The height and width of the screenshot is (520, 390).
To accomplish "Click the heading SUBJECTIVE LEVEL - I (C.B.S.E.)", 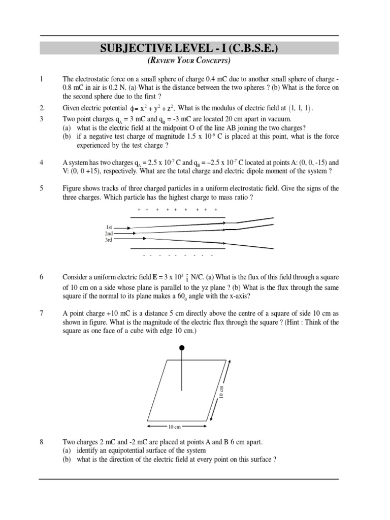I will (x=189, y=48).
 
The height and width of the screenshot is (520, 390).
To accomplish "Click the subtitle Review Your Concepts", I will (x=189, y=61).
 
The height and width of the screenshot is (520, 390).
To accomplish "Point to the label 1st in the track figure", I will (x=109, y=226).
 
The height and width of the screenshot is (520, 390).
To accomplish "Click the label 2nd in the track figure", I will (x=108, y=233).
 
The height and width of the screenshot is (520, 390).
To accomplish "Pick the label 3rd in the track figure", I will (x=109, y=240).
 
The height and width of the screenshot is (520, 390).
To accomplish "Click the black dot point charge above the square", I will (x=182, y=348).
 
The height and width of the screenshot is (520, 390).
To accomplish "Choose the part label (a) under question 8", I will (x=67, y=450).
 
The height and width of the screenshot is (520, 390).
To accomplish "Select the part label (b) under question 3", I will (x=67, y=137).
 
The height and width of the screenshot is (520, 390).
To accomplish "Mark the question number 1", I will (x=42, y=79).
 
